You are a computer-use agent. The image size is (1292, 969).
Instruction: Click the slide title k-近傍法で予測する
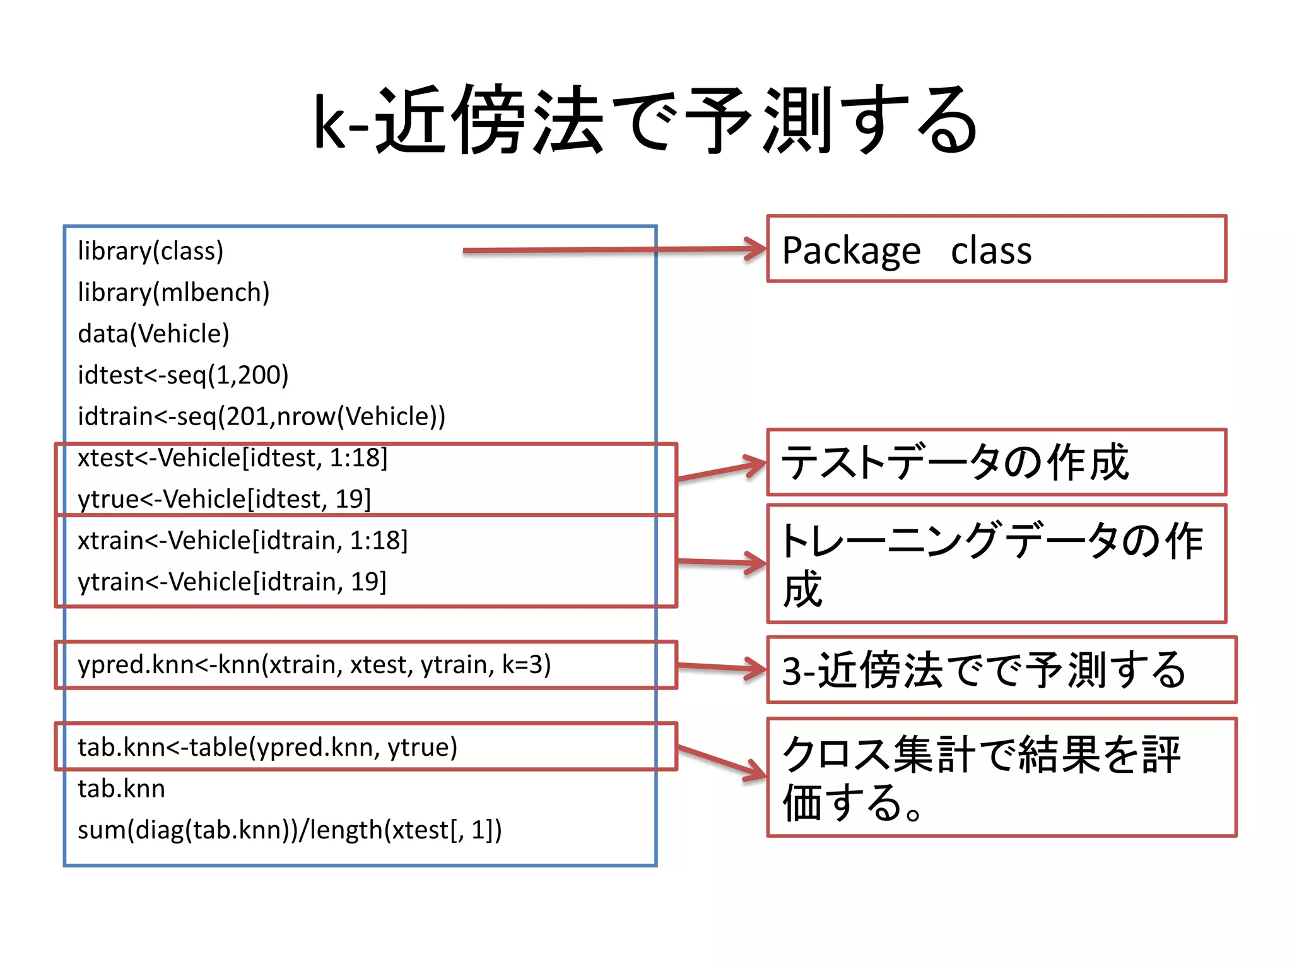646,120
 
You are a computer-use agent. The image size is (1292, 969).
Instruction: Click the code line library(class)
151,251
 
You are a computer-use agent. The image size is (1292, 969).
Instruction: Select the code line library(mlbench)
173,293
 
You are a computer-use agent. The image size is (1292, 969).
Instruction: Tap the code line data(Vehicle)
153,334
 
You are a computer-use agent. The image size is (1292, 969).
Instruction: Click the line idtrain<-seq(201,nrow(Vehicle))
261,416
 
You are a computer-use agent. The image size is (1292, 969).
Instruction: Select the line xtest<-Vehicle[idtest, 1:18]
232,458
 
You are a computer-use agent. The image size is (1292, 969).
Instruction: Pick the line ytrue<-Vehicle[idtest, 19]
224,499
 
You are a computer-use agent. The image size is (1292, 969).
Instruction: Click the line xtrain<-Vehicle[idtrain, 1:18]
242,541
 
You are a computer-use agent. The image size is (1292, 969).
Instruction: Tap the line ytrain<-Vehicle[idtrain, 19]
232,582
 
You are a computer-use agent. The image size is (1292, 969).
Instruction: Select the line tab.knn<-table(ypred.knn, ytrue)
267,748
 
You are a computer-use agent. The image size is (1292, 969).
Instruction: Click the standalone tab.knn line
121,789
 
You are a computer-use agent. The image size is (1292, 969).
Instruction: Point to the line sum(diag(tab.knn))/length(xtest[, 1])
290,830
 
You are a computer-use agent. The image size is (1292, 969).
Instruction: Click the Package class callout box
996,249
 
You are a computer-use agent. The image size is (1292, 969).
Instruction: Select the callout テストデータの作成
996,462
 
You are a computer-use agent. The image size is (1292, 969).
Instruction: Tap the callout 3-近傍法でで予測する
1001,670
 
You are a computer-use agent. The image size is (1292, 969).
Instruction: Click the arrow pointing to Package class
612,250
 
